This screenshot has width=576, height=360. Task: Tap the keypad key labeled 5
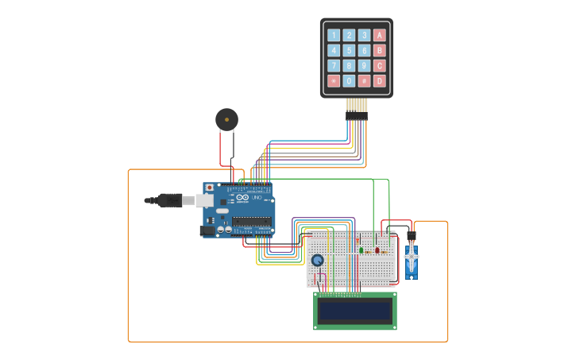coord(349,50)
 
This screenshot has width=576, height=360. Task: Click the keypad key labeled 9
coord(364,65)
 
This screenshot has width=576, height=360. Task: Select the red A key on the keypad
coord(380,35)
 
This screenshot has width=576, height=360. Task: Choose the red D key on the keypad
coord(380,80)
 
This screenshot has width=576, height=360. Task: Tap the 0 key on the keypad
coord(349,80)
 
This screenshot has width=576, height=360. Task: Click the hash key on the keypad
coord(364,80)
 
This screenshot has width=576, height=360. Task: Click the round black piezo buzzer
coord(226,120)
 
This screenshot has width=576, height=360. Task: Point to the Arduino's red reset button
coord(210,188)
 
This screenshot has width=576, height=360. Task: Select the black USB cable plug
coord(169,200)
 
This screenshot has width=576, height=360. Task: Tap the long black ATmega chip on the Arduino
coord(253,222)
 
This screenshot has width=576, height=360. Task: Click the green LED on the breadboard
coord(361,250)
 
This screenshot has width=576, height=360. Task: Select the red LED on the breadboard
coord(377,250)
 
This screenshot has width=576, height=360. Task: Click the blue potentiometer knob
coord(318,260)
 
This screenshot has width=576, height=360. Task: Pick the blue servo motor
coord(411,262)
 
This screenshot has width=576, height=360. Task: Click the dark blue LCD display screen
coord(355,311)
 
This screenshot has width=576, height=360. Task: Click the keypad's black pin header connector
coord(357,115)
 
